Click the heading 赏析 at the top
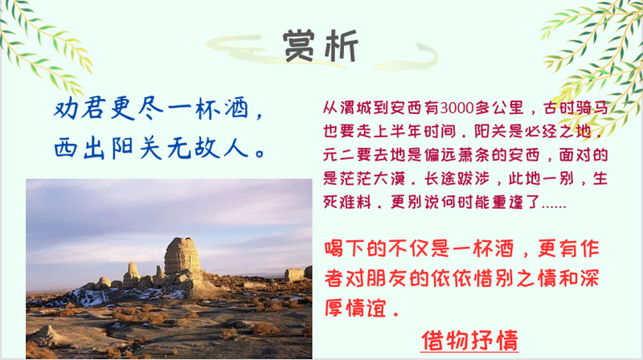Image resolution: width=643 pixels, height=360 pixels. [321, 45]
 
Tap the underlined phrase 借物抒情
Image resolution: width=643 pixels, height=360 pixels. [469, 341]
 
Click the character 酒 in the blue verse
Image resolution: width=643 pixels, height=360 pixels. [236, 108]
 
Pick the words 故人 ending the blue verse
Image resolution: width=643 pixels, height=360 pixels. [222, 148]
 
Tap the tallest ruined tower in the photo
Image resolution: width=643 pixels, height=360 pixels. [182, 256]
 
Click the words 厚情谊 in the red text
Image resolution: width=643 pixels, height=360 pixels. [355, 309]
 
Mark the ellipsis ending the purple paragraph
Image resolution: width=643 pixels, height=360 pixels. [554, 205]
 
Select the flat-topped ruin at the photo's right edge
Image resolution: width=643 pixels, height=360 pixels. [294, 274]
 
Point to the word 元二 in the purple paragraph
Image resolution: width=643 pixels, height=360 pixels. [339, 155]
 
